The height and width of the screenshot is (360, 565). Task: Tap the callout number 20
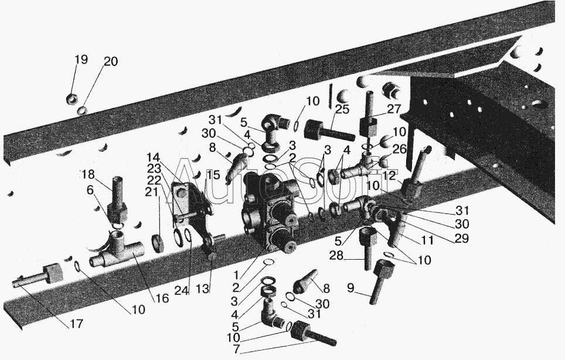(110, 62)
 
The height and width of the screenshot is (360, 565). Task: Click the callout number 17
(75, 323)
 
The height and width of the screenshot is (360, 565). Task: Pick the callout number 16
(161, 298)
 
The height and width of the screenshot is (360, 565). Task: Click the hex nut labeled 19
(73, 98)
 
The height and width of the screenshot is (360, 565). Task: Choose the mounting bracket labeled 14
(190, 205)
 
